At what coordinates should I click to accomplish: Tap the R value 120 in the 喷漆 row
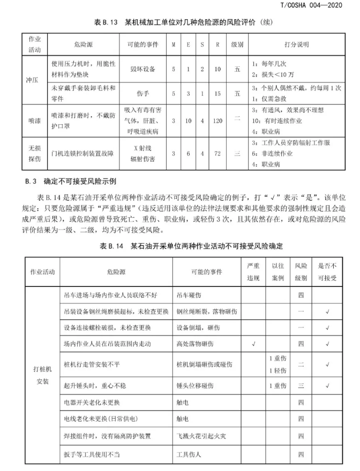[217, 121]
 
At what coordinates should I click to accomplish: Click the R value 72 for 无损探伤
[217, 154]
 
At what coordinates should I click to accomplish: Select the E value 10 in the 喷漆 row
[188, 121]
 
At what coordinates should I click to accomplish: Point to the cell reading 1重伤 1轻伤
[277, 364]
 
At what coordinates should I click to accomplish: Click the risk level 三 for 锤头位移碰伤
[301, 385]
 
